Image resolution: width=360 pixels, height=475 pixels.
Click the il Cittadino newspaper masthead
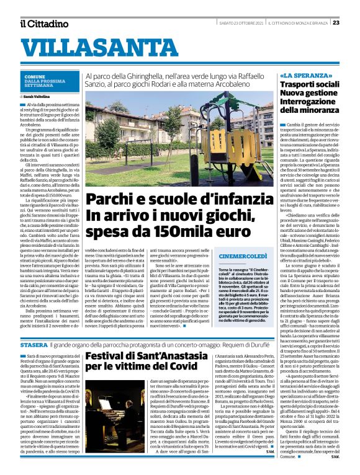43,24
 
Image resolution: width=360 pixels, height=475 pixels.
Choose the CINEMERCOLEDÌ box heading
243,255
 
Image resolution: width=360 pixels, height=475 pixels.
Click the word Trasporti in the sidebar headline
300,84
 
